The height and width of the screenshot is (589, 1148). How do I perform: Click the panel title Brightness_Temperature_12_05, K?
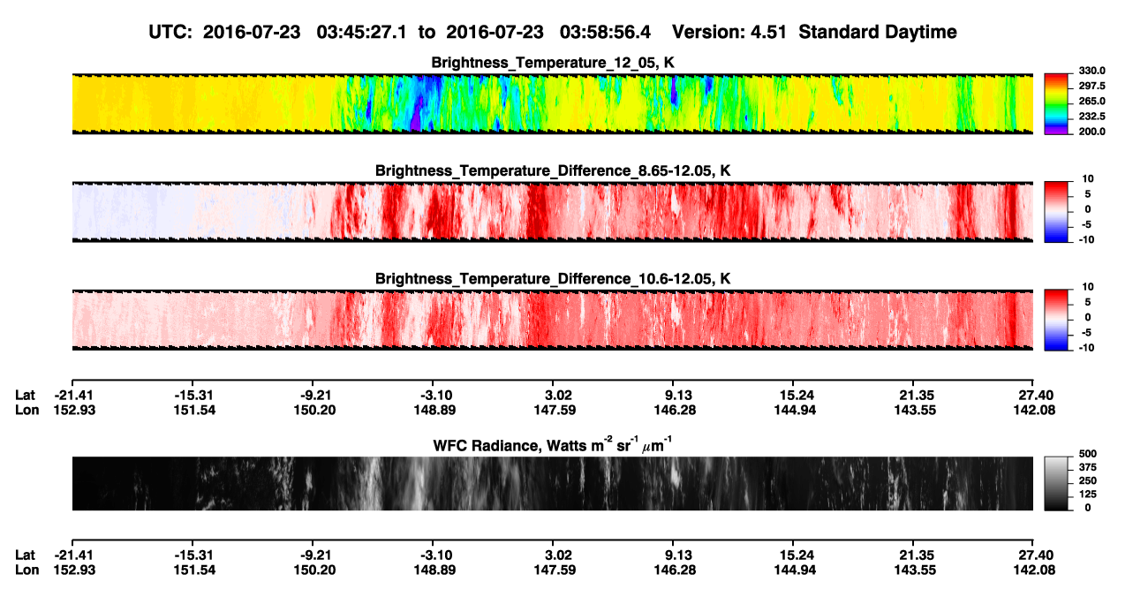(553, 63)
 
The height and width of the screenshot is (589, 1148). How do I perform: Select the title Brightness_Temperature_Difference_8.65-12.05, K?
(553, 170)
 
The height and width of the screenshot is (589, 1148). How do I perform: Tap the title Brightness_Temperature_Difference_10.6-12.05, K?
(553, 279)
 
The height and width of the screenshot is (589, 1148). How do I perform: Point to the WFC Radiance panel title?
(553, 445)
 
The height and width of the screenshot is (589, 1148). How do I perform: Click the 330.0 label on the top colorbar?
(1091, 71)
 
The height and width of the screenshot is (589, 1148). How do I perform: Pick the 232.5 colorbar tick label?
(1091, 117)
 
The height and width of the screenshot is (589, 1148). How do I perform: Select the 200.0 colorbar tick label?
(1091, 132)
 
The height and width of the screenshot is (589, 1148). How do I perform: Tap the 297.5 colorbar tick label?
(1091, 87)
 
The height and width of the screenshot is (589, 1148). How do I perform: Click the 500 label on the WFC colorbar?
(1088, 454)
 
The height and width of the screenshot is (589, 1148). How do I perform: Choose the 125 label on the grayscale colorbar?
(1088, 495)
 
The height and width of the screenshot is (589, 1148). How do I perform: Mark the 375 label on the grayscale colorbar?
(1088, 467)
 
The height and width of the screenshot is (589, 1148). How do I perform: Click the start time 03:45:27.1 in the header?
(361, 33)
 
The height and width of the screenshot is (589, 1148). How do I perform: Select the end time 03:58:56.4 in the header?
(605, 33)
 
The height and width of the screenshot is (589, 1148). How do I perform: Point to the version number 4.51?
(768, 33)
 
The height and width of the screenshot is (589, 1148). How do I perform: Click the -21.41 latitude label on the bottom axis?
(74, 555)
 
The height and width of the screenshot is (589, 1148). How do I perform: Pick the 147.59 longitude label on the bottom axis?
(555, 570)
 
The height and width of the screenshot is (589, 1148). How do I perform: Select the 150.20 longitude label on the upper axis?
(314, 410)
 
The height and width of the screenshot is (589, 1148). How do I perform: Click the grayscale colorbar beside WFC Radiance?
(1056, 483)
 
